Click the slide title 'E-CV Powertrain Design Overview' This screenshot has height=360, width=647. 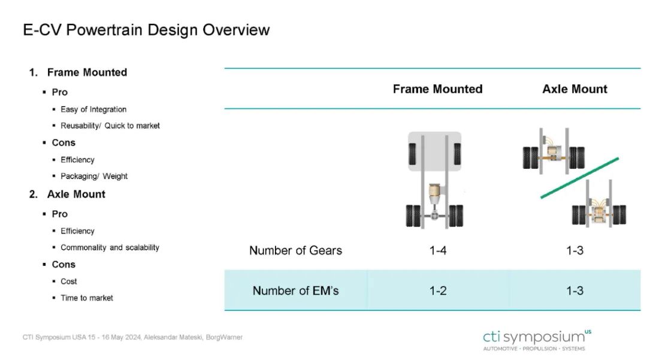(x=146, y=30)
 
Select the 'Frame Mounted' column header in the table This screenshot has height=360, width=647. (x=437, y=89)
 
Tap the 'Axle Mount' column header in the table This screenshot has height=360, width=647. (x=575, y=89)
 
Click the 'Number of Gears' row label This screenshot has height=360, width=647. (x=295, y=250)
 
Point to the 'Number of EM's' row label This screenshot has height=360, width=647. (x=295, y=291)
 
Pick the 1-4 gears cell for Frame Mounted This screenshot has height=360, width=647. (x=438, y=250)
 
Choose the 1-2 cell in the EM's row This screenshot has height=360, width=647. (x=438, y=291)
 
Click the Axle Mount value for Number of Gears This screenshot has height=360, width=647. (x=575, y=250)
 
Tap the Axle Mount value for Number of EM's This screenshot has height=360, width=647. (x=575, y=291)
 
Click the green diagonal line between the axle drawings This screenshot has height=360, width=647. (x=580, y=178)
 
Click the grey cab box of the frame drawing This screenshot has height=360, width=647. (x=434, y=152)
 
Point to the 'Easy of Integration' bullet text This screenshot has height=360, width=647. (x=93, y=109)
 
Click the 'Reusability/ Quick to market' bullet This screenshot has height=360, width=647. (x=110, y=126)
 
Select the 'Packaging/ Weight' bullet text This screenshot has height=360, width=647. (x=94, y=176)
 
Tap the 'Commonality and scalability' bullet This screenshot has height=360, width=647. (x=110, y=247)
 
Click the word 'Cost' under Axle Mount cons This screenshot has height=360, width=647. (x=68, y=282)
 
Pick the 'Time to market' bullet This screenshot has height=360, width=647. (x=87, y=298)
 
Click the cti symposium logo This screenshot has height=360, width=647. (x=537, y=340)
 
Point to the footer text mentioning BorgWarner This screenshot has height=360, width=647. (x=132, y=337)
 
